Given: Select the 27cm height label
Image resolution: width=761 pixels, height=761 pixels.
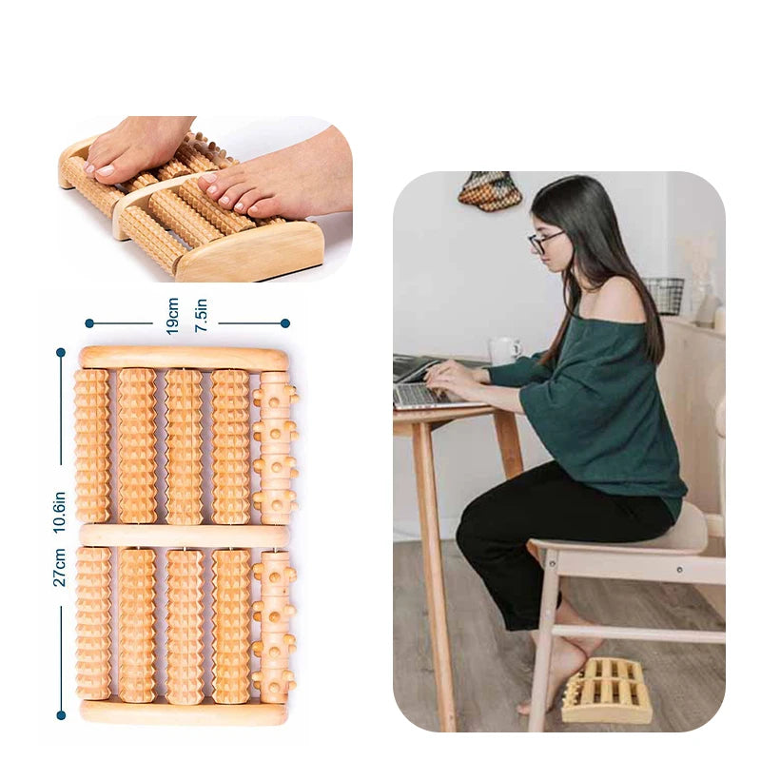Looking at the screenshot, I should tap(60, 567).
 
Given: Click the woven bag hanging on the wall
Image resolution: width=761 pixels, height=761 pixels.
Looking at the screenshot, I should tap(490, 190).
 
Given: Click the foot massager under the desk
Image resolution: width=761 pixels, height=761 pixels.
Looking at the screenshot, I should tap(607, 689).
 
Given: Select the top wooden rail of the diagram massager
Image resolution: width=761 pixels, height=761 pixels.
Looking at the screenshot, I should tap(184, 358).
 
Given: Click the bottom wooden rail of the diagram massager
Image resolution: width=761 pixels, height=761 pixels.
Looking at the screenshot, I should tap(184, 711).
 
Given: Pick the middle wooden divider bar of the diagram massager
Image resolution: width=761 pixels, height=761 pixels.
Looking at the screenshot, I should tap(184, 536).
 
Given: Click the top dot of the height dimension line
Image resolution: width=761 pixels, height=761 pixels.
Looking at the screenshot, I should tap(61, 352).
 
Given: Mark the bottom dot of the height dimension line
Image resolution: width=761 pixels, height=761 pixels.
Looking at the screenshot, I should tap(61, 714).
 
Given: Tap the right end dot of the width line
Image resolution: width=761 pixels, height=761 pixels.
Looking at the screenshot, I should tap(284, 323).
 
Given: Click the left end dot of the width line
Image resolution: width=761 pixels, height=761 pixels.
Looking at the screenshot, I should tap(88, 323).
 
